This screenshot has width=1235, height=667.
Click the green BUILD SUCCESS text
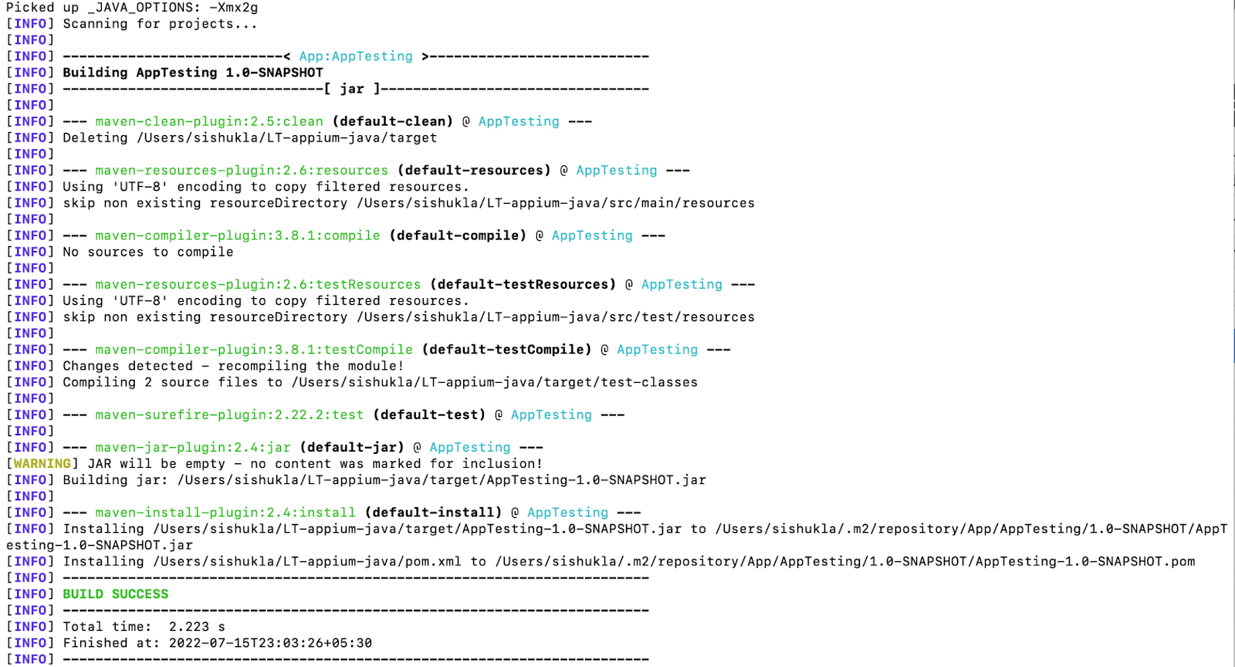(x=115, y=594)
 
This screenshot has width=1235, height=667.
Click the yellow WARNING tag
(x=42, y=463)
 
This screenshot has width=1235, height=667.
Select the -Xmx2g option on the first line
(x=233, y=8)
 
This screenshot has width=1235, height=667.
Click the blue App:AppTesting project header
(x=356, y=56)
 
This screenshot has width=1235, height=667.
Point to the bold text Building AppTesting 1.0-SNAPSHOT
(x=193, y=73)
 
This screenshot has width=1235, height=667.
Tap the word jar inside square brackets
(x=352, y=89)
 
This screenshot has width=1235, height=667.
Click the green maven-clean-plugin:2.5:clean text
(x=209, y=121)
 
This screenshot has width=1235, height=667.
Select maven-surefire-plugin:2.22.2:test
(x=229, y=415)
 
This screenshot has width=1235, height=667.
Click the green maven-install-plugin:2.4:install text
(x=225, y=513)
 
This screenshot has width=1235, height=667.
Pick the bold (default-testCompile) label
(x=506, y=350)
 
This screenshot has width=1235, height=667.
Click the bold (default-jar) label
(x=352, y=447)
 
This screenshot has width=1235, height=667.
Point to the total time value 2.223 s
(x=197, y=627)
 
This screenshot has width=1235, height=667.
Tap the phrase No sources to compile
(x=148, y=252)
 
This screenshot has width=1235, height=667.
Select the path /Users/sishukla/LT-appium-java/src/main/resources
(x=556, y=203)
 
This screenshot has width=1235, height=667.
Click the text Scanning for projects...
(x=160, y=24)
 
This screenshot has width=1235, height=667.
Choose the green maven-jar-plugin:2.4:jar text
(x=193, y=447)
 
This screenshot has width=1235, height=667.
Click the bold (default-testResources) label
(x=523, y=284)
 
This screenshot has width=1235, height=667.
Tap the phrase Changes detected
(x=128, y=366)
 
